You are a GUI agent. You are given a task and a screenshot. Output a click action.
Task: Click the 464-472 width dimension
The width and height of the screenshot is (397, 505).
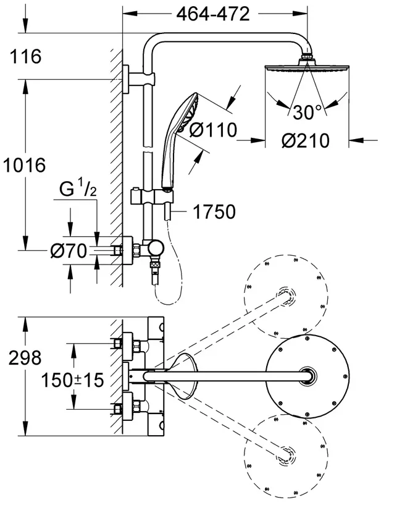[213, 14]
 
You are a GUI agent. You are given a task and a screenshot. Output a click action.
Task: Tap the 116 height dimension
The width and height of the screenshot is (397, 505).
[25, 56]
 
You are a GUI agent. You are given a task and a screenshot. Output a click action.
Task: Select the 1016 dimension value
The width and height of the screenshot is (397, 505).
[25, 165]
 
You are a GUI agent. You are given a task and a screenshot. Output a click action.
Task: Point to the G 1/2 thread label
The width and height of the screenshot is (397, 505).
[78, 189]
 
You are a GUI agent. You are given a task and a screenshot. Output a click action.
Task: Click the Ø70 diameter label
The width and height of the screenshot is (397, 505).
[69, 250]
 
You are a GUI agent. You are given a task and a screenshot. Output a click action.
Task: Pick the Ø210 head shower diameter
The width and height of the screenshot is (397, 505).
[306, 140]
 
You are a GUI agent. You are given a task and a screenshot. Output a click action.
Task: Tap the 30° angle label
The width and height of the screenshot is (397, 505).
[307, 112]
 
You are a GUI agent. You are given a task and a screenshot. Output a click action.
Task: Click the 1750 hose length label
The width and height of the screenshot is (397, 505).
[214, 211]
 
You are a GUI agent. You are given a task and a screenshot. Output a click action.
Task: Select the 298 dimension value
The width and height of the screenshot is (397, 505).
[25, 357]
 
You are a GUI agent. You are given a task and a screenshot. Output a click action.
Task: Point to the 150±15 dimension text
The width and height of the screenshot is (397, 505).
[72, 380]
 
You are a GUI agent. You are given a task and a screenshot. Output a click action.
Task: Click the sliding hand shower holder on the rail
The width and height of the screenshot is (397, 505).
[152, 197]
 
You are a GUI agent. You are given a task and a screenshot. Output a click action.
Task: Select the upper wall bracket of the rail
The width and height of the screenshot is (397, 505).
[138, 79]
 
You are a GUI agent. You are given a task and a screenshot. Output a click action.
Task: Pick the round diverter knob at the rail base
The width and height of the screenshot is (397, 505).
[156, 248]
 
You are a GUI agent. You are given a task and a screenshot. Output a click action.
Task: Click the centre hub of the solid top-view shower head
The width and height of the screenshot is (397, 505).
[308, 376]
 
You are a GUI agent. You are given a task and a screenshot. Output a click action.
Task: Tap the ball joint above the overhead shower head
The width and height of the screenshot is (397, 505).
[307, 57]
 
